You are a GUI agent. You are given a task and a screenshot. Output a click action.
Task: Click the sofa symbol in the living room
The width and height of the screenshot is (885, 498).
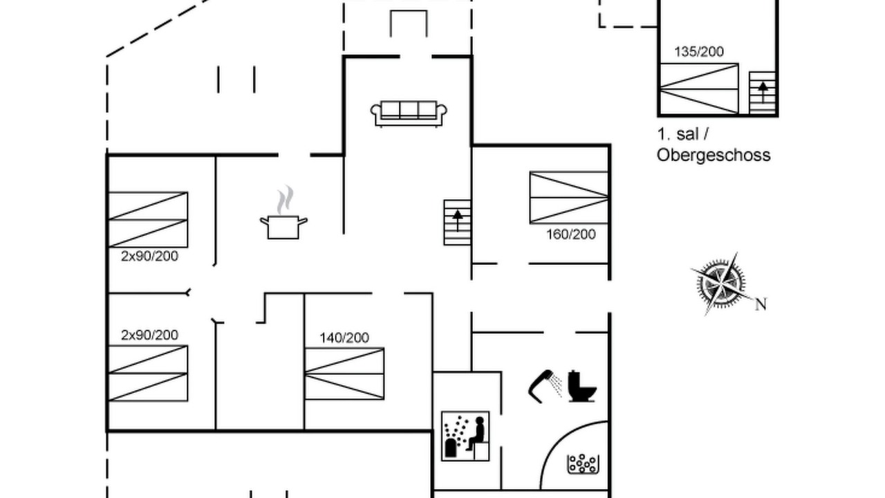[409, 114]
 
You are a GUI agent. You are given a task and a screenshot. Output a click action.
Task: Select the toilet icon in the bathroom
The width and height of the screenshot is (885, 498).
[582, 386]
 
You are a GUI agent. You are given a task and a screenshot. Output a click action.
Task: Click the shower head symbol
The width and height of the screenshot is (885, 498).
[544, 386]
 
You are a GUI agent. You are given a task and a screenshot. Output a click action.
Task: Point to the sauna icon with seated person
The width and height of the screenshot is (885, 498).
[465, 436]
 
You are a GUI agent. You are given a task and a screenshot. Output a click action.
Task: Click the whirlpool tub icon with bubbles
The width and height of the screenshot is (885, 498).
[583, 463]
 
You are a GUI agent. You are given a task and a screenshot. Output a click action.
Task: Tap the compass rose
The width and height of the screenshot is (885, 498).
[721, 284]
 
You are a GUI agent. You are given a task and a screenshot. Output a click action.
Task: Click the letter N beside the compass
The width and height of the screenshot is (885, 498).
[761, 304]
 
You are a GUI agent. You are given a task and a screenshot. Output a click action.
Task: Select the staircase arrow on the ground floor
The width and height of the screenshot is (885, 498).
[458, 221]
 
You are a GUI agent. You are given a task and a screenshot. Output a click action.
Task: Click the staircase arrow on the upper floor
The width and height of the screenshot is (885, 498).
[763, 92]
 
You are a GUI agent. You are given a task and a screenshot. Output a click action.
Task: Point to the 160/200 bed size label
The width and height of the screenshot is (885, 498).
[571, 234]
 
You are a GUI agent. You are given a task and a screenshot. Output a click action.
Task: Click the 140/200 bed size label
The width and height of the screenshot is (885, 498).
[344, 338]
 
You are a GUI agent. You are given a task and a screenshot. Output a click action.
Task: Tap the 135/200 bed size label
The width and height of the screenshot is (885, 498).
[699, 52]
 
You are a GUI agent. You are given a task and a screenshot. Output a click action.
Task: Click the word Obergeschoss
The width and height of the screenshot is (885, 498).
[714, 155]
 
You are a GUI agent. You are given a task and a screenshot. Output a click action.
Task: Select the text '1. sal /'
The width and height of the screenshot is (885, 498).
[682, 134]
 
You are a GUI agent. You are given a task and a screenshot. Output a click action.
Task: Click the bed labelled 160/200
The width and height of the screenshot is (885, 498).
[569, 198]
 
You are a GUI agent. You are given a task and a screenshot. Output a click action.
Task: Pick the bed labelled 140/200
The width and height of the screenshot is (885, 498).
[344, 373]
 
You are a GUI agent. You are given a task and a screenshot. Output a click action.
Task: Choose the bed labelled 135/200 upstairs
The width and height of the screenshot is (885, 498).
[699, 89]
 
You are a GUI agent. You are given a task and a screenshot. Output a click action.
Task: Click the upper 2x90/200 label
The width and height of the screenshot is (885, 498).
[149, 256]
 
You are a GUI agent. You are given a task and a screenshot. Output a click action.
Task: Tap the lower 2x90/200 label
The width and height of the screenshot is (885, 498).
[149, 335]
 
